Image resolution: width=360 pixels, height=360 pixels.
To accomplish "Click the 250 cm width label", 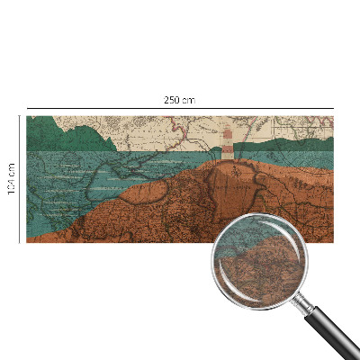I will pos(179,100).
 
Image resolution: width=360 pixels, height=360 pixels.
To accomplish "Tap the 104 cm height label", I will pos(11,178).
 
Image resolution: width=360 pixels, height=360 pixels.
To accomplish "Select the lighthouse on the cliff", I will pos(229,144).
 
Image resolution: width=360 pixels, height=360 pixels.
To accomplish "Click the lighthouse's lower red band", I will pos(229,148).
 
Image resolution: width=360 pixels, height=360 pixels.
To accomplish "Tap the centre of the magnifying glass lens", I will pos(259,262).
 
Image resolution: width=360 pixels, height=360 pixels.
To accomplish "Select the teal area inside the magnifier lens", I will pos(247,238).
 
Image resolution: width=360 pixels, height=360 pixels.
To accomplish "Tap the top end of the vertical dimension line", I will pos(20,116).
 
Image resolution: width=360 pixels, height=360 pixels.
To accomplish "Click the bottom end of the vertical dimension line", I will pos(20,242).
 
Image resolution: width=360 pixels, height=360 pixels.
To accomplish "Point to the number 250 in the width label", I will pos(174,100).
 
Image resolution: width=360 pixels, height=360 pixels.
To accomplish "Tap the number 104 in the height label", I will pos(11,172).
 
